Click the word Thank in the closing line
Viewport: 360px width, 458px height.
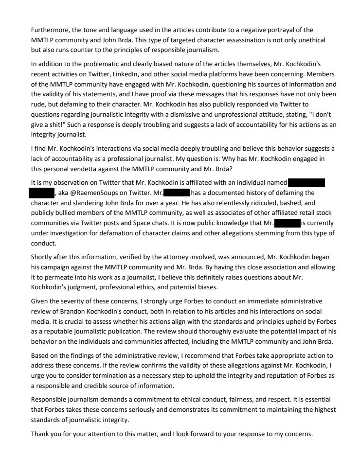pos(39,433)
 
